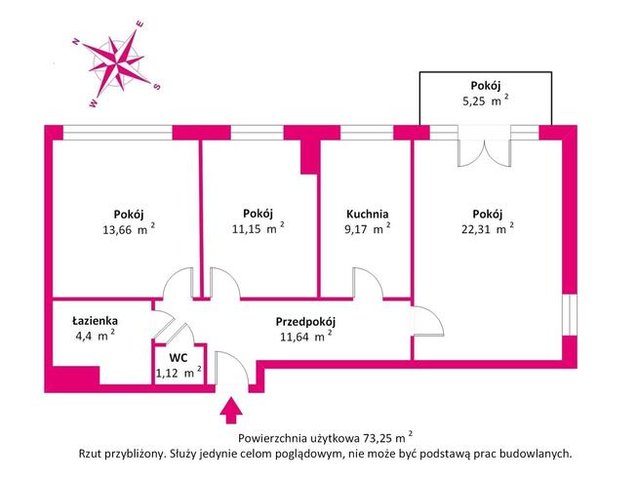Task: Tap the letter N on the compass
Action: [75, 41]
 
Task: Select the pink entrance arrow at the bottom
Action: [233, 406]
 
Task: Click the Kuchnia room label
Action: [367, 215]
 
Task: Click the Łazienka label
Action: [95, 319]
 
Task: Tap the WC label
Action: [179, 357]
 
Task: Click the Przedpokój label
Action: [305, 320]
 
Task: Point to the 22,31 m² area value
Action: [487, 230]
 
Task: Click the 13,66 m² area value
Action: [129, 230]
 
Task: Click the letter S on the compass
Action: [158, 86]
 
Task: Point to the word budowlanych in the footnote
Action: [532, 454]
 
